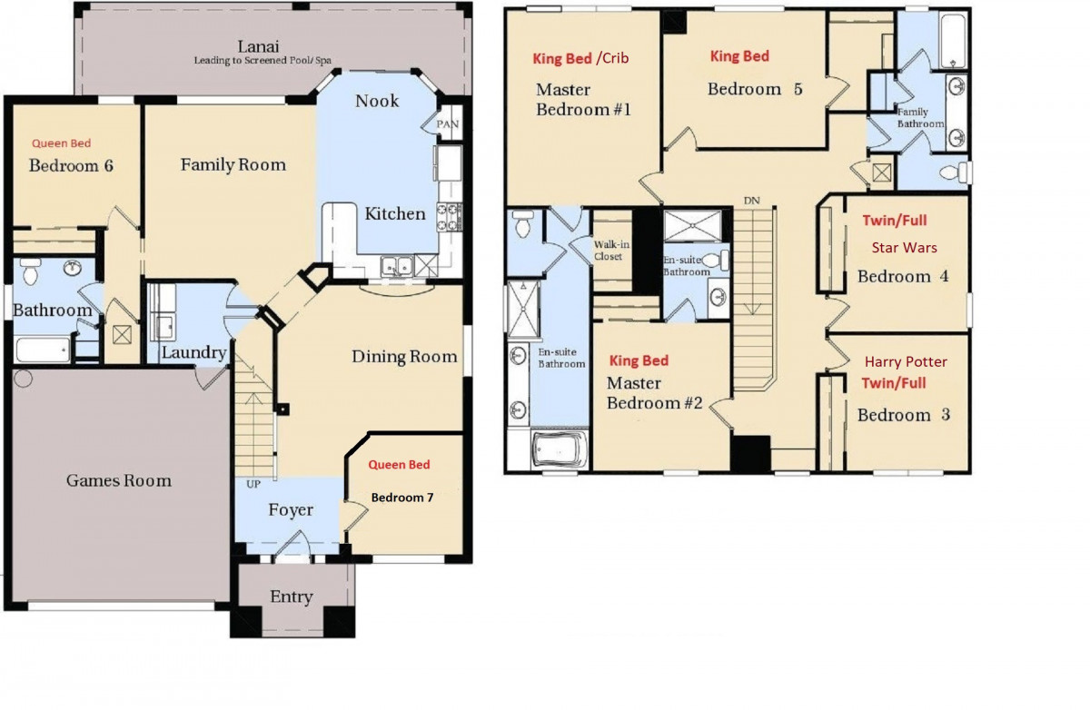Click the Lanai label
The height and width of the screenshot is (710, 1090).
coord(259,46)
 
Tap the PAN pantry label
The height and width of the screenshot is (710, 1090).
coord(448,124)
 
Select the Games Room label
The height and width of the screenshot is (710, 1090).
coord(119,480)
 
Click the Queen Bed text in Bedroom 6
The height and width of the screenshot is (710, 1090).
coord(62,143)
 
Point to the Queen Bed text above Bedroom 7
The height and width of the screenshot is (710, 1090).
coord(399,465)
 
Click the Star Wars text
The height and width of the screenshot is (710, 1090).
coord(904,247)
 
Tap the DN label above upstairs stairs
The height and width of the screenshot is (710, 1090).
coord(751,200)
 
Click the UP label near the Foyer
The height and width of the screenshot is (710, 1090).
coord(244,484)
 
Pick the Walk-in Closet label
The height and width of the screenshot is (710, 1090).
coord(609,251)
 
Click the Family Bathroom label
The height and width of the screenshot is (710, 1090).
coord(920,118)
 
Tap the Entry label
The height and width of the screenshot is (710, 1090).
coord(292,597)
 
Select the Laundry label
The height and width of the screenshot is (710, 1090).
coord(193,352)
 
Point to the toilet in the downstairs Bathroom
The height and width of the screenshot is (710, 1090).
coord(30,270)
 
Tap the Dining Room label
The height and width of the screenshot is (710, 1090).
coord(404,357)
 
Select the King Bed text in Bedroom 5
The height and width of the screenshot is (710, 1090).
coord(739,56)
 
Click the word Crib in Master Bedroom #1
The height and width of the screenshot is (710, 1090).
coord(613,59)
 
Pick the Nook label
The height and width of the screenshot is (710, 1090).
coord(377,101)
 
